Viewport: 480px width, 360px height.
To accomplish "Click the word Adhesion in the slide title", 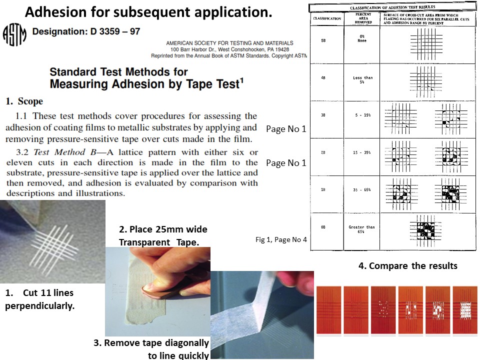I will pyautogui.click(x=57, y=12).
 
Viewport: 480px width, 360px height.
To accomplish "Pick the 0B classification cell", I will pyautogui.click(x=324, y=227).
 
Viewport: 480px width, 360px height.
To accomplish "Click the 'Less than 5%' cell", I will pyautogui.click(x=362, y=79).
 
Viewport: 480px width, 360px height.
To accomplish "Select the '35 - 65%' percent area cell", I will pyautogui.click(x=362, y=190).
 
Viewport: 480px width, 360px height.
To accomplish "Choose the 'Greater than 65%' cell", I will pyautogui.click(x=362, y=229).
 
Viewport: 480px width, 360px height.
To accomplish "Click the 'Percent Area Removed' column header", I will pyautogui.click(x=362, y=18).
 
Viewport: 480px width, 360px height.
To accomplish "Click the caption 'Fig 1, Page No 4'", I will pyautogui.click(x=281, y=240).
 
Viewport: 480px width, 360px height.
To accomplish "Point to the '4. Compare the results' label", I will pyautogui.click(x=407, y=266).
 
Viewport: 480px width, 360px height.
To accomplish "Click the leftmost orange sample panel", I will pyautogui.click(x=328, y=309).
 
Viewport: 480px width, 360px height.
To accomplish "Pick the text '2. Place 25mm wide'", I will pyautogui.click(x=162, y=229).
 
